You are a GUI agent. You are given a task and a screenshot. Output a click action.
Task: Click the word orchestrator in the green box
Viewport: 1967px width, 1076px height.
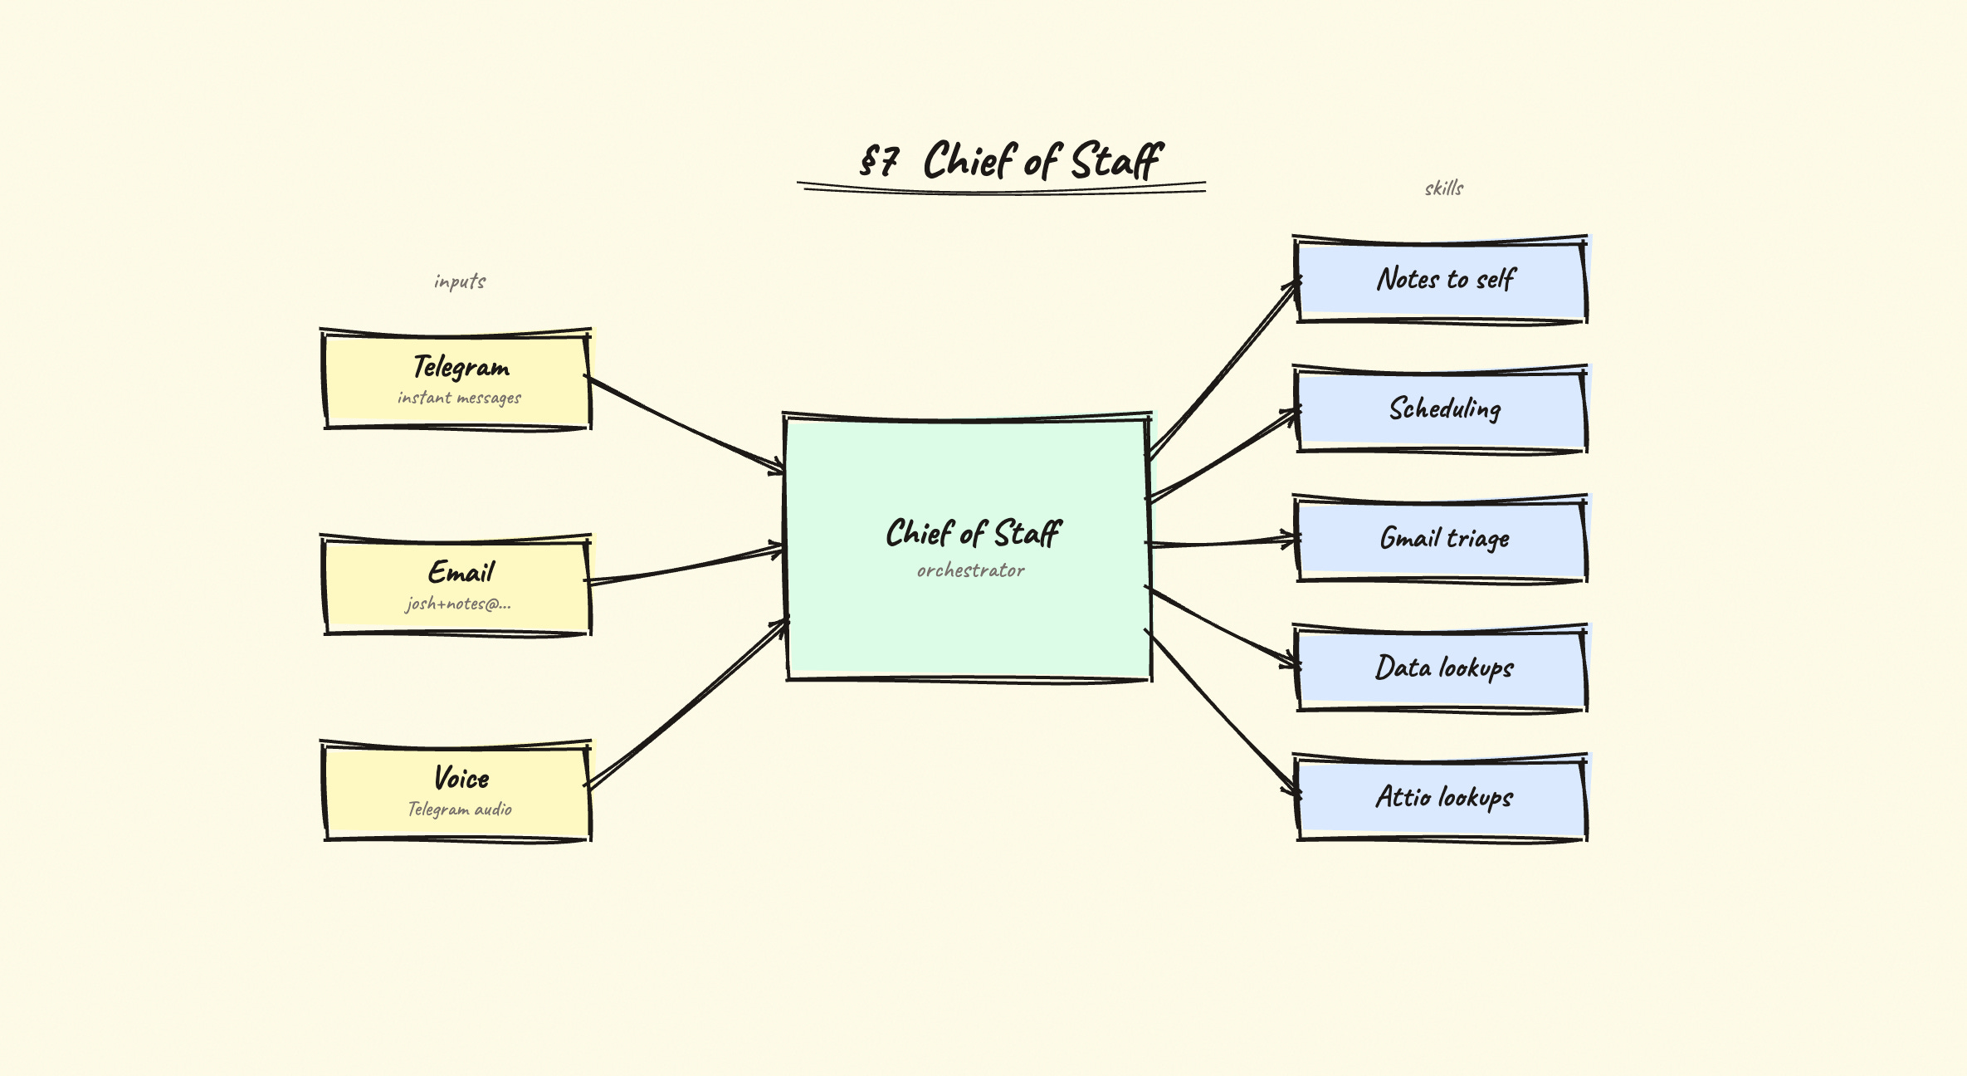[970, 570]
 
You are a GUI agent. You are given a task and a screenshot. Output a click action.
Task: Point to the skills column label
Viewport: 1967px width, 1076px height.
[1443, 188]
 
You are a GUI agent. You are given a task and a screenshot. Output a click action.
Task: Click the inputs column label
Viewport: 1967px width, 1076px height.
[460, 281]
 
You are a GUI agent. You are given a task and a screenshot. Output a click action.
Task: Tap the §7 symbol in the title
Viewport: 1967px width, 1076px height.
[879, 160]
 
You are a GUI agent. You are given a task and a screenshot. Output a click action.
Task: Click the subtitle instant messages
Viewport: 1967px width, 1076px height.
[459, 398]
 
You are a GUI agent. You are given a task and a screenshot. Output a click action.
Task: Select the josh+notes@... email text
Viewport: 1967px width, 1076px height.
[458, 604]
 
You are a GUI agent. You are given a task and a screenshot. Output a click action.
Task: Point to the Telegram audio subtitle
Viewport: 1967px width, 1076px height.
[460, 809]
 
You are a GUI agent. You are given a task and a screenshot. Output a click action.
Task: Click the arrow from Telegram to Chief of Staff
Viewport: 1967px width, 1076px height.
[686, 424]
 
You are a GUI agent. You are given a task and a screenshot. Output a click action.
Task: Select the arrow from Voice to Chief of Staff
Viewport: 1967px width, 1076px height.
[687, 702]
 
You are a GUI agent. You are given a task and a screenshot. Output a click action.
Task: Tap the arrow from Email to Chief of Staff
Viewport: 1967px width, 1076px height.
[686, 565]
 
